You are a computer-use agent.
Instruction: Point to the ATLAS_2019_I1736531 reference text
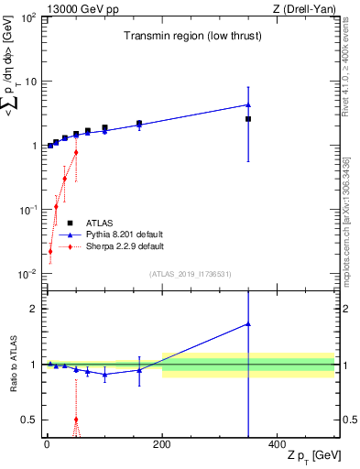(x=190, y=274)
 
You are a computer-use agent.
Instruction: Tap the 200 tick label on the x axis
(x=161, y=444)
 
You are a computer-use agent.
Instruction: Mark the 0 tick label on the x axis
(x=47, y=444)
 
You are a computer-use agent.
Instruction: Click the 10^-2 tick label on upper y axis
(x=27, y=274)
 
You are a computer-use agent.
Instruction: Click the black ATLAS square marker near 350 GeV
(x=248, y=119)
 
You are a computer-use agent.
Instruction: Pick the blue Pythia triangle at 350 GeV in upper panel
(x=248, y=104)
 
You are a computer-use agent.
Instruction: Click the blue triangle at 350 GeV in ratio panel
(x=248, y=324)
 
